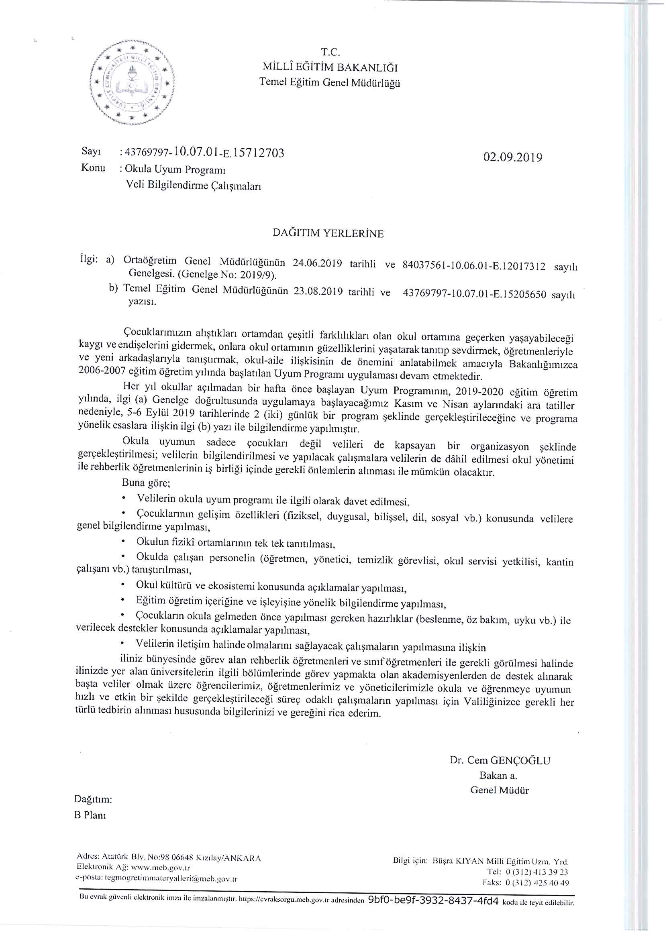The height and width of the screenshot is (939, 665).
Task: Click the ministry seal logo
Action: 132,82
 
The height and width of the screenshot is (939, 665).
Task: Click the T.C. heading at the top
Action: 330,52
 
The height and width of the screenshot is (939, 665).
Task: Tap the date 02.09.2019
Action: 513,157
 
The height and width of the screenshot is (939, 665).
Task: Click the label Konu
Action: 93,168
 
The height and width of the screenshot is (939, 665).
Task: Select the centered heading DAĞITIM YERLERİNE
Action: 328,233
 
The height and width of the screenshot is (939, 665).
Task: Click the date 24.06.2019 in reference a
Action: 317,263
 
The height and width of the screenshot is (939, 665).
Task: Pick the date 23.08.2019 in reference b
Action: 318,291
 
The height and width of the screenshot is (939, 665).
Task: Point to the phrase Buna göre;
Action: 146,483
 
